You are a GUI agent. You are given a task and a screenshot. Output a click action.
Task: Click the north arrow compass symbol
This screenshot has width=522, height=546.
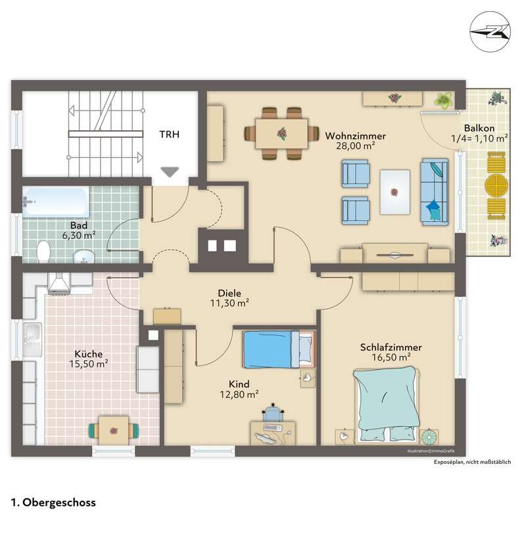490,32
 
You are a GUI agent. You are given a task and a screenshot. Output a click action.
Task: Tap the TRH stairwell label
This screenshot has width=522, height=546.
170,134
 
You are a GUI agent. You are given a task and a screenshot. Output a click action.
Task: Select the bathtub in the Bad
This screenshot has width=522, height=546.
56,202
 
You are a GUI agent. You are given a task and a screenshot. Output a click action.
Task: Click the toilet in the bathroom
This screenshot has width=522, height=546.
43,252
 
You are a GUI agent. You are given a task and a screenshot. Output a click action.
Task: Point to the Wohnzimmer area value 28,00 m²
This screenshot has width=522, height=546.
356,146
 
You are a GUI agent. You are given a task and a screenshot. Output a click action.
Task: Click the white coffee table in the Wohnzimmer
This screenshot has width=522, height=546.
395,192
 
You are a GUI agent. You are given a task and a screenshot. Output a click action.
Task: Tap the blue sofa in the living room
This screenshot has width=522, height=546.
434,192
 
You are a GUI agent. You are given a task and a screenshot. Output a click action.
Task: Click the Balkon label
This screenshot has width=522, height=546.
479,128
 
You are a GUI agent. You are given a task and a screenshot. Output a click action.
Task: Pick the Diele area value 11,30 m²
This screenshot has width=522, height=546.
229,303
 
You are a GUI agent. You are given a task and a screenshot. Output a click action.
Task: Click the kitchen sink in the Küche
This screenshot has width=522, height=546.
32,340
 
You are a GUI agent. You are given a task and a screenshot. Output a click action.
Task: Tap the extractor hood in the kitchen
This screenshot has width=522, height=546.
59,283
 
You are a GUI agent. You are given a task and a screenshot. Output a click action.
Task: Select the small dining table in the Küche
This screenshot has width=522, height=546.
114,430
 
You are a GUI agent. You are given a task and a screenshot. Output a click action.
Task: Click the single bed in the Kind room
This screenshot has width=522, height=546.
279,349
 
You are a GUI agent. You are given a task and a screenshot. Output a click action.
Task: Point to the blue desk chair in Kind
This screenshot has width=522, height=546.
273,413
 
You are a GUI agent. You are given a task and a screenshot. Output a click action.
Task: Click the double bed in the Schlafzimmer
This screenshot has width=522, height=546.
385,405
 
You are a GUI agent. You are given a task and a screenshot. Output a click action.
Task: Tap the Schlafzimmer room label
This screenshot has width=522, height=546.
391,347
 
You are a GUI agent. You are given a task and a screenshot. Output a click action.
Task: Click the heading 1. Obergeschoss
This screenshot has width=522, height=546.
53,503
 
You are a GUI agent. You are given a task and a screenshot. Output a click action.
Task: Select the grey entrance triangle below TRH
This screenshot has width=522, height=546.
170,172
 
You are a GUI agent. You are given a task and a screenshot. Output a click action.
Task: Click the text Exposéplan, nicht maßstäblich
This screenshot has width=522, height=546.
472,462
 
